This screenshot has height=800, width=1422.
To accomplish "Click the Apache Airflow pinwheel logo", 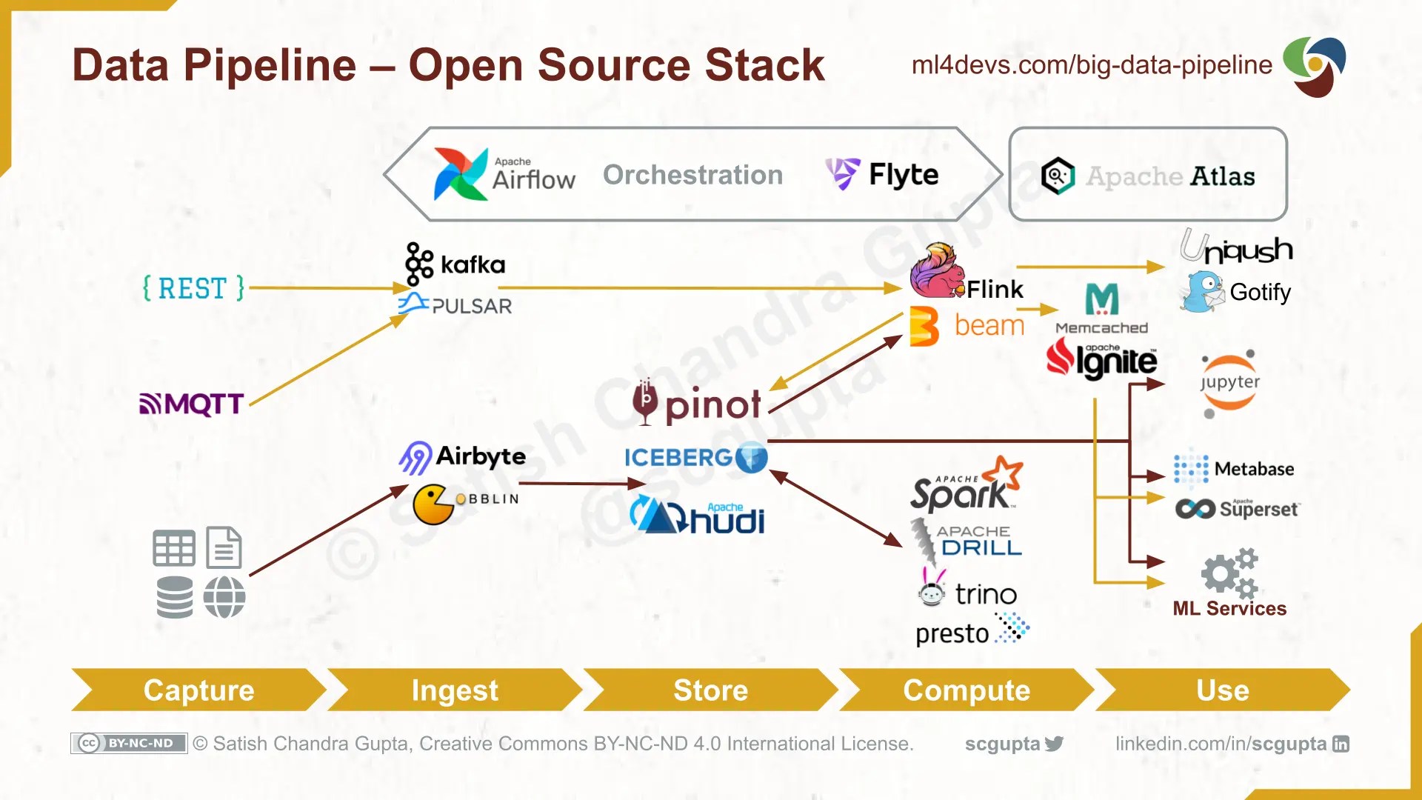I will point(459,174).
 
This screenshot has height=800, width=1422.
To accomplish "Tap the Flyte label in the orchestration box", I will point(903,175).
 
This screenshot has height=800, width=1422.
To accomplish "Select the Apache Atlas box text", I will point(1170,176).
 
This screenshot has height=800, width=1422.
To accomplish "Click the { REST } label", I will point(193,288).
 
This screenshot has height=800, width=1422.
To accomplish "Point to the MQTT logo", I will point(192,404).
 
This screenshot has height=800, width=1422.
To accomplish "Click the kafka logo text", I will point(473,264).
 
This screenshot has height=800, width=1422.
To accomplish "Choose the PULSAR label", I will point(471,306).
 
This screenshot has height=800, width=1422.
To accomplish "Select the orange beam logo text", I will point(989,325).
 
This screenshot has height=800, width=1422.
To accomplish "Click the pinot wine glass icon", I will point(644,401).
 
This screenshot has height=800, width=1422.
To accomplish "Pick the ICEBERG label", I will point(678,458).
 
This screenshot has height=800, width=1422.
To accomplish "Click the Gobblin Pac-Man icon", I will point(433,504).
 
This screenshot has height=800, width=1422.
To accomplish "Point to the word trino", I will point(985,594).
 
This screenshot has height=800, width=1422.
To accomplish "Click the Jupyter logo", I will point(1229,383).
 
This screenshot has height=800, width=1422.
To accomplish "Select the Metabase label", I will point(1254,469).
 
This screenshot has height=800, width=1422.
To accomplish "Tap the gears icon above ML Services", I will point(1229,573).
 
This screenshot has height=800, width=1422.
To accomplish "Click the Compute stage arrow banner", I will point(966,690).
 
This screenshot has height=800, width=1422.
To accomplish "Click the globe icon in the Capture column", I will point(224,597).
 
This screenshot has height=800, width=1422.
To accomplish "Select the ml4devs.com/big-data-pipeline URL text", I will point(1091,65).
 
